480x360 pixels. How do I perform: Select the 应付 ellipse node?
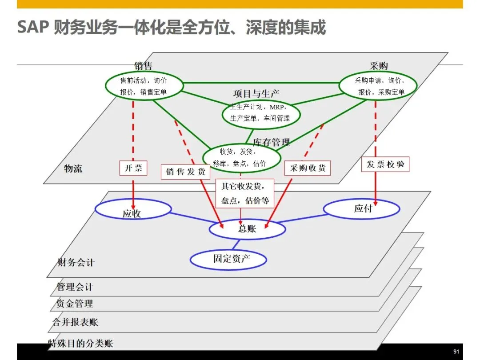coord(361,208)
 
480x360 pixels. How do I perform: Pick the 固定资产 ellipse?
coord(228,259)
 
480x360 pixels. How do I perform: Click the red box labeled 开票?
coord(133,168)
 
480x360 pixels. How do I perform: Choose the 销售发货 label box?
coord(185,172)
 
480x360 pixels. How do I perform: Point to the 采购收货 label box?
coord(308,168)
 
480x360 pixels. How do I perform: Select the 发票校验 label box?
coord(385,164)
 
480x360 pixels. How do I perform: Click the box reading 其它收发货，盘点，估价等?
coord(245,193)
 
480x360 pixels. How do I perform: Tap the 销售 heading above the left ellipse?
coord(143,66)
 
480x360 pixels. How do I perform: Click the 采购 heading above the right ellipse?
coord(379,66)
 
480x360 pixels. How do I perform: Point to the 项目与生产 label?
coord(256,94)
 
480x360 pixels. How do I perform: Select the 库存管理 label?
coord(271,142)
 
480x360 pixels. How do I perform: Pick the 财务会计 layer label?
coord(76,262)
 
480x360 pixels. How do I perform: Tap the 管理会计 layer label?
coord(75,287)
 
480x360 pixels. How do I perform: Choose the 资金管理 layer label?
coord(75,304)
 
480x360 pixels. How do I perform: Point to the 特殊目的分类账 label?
coord(80,343)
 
